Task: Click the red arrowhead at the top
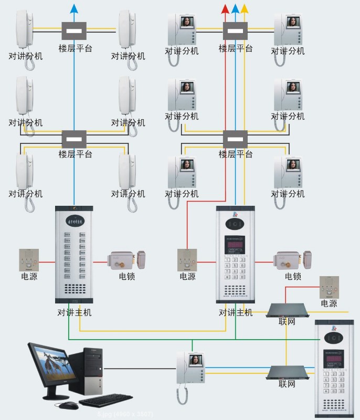coord(226,8)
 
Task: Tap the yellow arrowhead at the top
coord(245,8)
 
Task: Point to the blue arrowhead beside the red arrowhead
coord(235,8)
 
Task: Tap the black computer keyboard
coord(105,401)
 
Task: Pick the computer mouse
coord(68,405)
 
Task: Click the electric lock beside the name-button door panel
coord(126,261)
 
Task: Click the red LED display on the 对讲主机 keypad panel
coord(235,245)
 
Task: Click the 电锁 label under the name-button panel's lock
coord(126,276)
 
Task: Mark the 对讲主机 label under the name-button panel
coord(75,312)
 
